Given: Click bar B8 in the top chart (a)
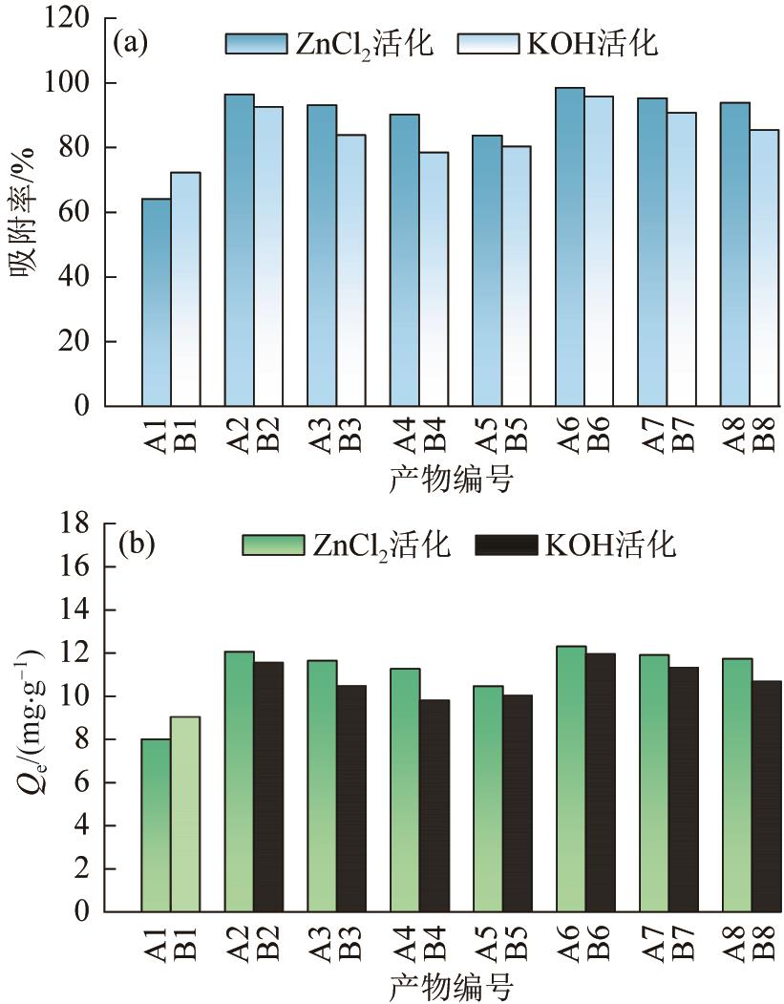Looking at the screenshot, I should [763, 267].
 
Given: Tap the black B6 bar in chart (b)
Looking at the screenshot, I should [599, 782].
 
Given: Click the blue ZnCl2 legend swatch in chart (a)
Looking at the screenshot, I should [256, 44].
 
